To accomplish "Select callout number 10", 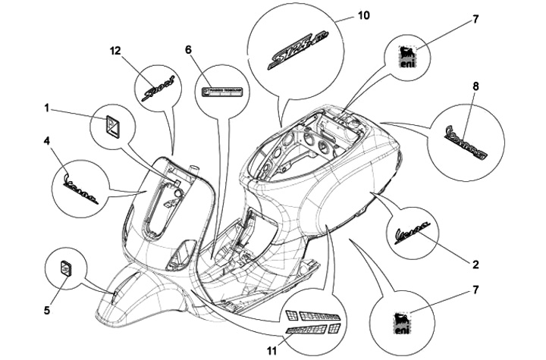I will (x=364, y=15).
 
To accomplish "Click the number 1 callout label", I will (x=47, y=109).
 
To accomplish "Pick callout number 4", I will (x=47, y=141).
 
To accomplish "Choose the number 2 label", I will (x=475, y=265).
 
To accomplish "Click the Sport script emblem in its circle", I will (x=158, y=88).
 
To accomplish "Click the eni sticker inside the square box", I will (x=409, y=56).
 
